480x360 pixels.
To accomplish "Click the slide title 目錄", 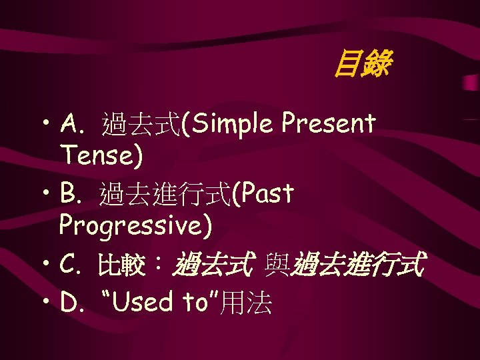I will click(361, 65).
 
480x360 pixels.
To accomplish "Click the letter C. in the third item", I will click(71, 266).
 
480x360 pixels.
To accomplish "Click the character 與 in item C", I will click(276, 267).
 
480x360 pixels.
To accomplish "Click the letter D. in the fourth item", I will click(72, 303).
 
